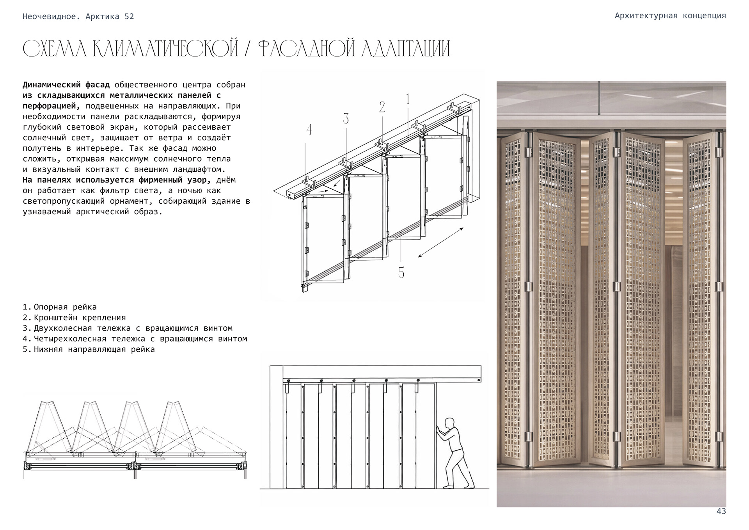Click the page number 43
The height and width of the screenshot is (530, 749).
point(721,511)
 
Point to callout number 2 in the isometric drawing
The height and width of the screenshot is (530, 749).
point(382,107)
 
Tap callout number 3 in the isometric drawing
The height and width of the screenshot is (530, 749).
point(346,119)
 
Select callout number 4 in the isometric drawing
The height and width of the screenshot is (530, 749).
point(309,129)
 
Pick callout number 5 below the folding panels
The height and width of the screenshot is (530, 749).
point(401,272)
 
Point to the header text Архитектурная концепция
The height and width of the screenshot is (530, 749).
point(670,16)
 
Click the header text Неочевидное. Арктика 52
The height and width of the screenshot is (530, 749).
point(78,16)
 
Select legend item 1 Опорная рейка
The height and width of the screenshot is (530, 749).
point(60,307)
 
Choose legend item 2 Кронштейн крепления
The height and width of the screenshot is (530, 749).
point(74,318)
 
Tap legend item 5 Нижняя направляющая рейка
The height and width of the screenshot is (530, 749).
point(89,349)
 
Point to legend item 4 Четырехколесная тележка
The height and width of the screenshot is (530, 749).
point(135,339)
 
